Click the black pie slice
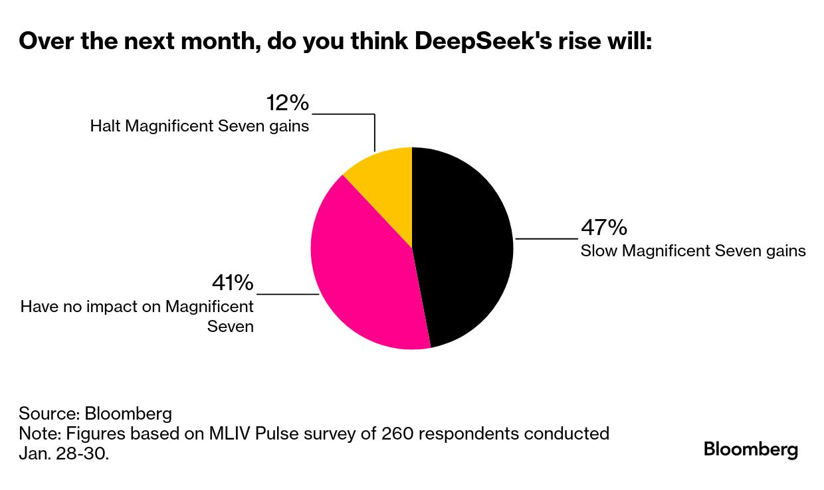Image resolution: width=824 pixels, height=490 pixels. (465, 246)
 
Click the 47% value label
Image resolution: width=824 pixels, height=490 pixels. (604, 228)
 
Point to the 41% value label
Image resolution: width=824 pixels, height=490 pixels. (233, 283)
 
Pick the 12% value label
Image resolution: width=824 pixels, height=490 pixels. (288, 103)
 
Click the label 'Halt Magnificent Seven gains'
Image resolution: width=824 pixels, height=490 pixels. (199, 125)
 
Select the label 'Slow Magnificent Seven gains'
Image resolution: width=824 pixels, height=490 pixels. (693, 251)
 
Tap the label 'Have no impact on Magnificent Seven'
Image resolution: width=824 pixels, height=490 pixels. (138, 316)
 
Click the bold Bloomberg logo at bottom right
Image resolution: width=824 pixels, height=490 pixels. (751, 449)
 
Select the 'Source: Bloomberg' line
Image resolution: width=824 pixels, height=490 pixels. (95, 414)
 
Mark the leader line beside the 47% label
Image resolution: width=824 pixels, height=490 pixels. (546, 238)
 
